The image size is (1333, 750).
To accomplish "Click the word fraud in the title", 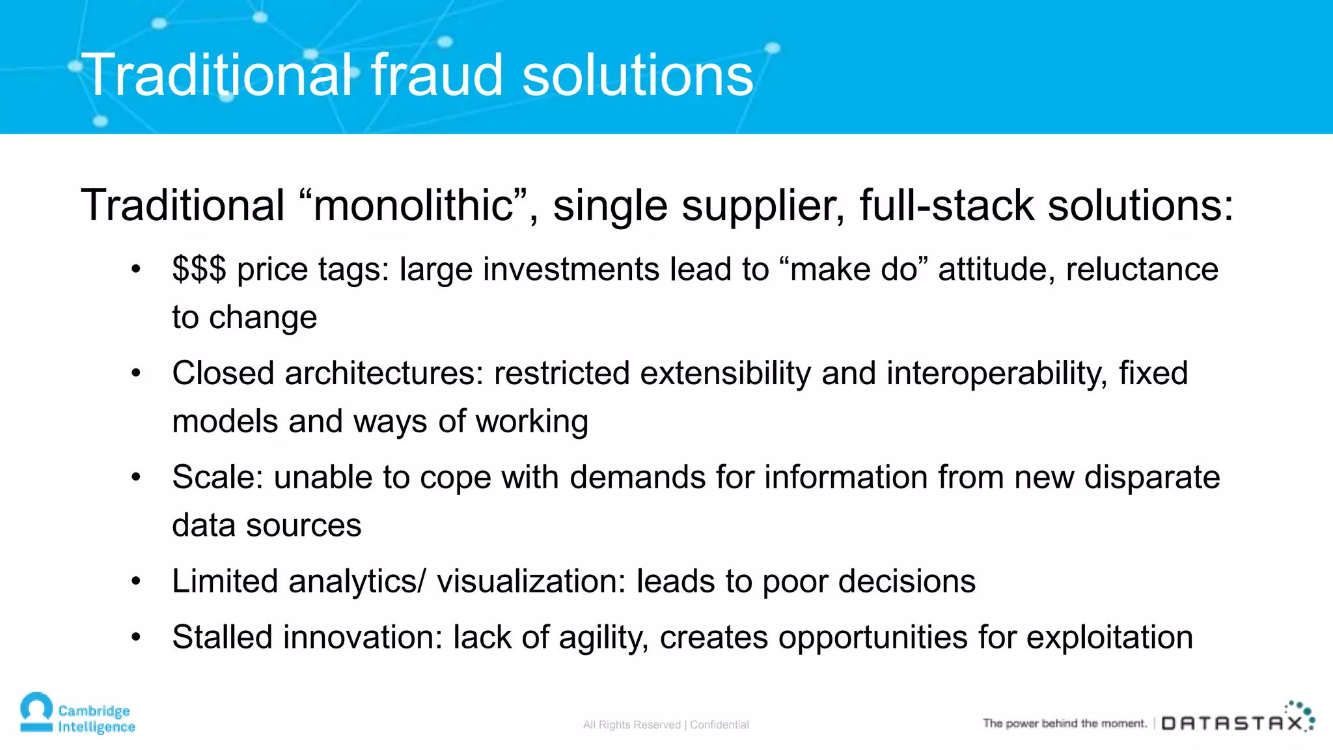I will pos(437,76).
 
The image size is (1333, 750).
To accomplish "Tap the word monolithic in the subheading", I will pos(413,206).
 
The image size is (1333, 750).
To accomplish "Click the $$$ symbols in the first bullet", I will pos(199,270).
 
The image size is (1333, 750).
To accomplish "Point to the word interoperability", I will pos(996,374).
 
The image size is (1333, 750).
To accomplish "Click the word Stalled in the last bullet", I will pos(222,637).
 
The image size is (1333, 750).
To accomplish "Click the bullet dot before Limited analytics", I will pos(135,581).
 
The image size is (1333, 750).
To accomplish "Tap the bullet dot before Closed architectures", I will pos(135,373).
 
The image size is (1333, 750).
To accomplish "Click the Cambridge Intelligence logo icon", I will pos(36,712).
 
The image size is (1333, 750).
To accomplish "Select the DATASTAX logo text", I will pos(1233,723).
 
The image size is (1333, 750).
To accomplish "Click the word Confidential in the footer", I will pos(719,725).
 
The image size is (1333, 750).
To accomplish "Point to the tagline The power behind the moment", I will pos(1064,723).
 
